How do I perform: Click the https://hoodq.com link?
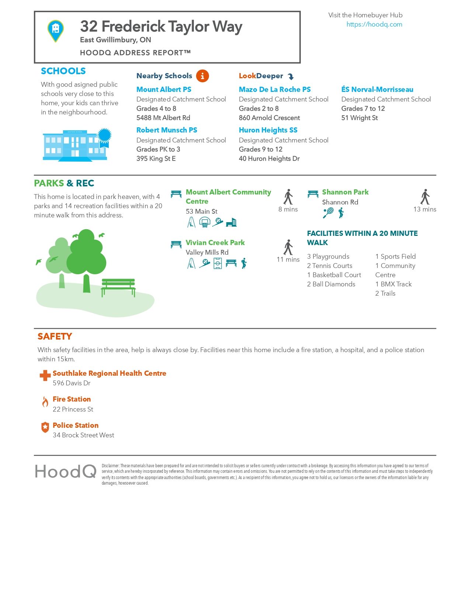pyautogui.click(x=374, y=24)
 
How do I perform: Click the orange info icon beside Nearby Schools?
pyautogui.click(x=202, y=76)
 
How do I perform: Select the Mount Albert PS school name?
pyautogui.click(x=164, y=89)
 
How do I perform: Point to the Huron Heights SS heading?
pyautogui.click(x=268, y=130)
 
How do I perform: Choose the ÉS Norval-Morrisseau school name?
pyautogui.click(x=377, y=89)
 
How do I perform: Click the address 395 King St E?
pyautogui.click(x=156, y=159)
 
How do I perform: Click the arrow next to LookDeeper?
pyautogui.click(x=291, y=77)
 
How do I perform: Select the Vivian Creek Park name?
pyautogui.click(x=215, y=242)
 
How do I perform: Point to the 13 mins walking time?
pyautogui.click(x=425, y=209)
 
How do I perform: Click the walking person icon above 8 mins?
pyautogui.click(x=288, y=197)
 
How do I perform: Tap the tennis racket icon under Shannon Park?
pyautogui.click(x=328, y=213)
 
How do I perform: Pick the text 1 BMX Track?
pyautogui.click(x=393, y=284)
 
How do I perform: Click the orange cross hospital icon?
pyautogui.click(x=45, y=375)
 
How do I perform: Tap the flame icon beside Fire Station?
pyautogui.click(x=45, y=402)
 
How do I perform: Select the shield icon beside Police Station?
pyautogui.click(x=45, y=427)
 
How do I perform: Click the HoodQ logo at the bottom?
pyautogui.click(x=66, y=471)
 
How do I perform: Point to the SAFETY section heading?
pyautogui.click(x=55, y=336)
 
